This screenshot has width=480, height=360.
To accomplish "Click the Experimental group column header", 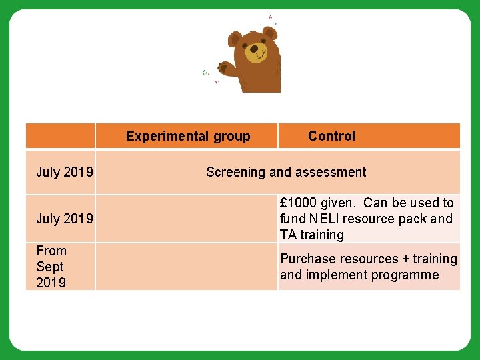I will point(187,136).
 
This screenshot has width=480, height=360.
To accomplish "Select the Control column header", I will point(331,136).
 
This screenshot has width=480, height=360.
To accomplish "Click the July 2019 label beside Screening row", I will point(64,172).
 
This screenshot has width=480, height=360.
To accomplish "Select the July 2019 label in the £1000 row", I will point(64,219).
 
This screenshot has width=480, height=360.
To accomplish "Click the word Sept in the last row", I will point(50,267).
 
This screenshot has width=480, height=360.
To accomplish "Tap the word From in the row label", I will point(51,251).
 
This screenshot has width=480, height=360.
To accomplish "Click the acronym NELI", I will point(323,219).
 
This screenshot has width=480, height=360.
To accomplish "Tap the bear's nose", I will point(254,49).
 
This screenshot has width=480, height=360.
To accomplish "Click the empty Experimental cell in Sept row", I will point(186,267).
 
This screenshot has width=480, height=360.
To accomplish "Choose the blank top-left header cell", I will point(60,136).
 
